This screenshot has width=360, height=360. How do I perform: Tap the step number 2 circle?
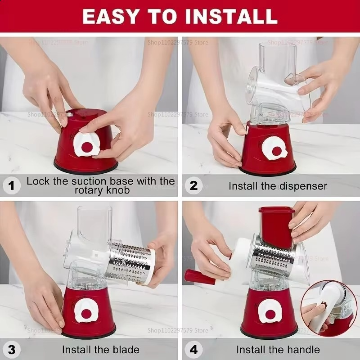[x=193, y=185]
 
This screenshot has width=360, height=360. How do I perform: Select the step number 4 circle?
[x=193, y=349]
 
